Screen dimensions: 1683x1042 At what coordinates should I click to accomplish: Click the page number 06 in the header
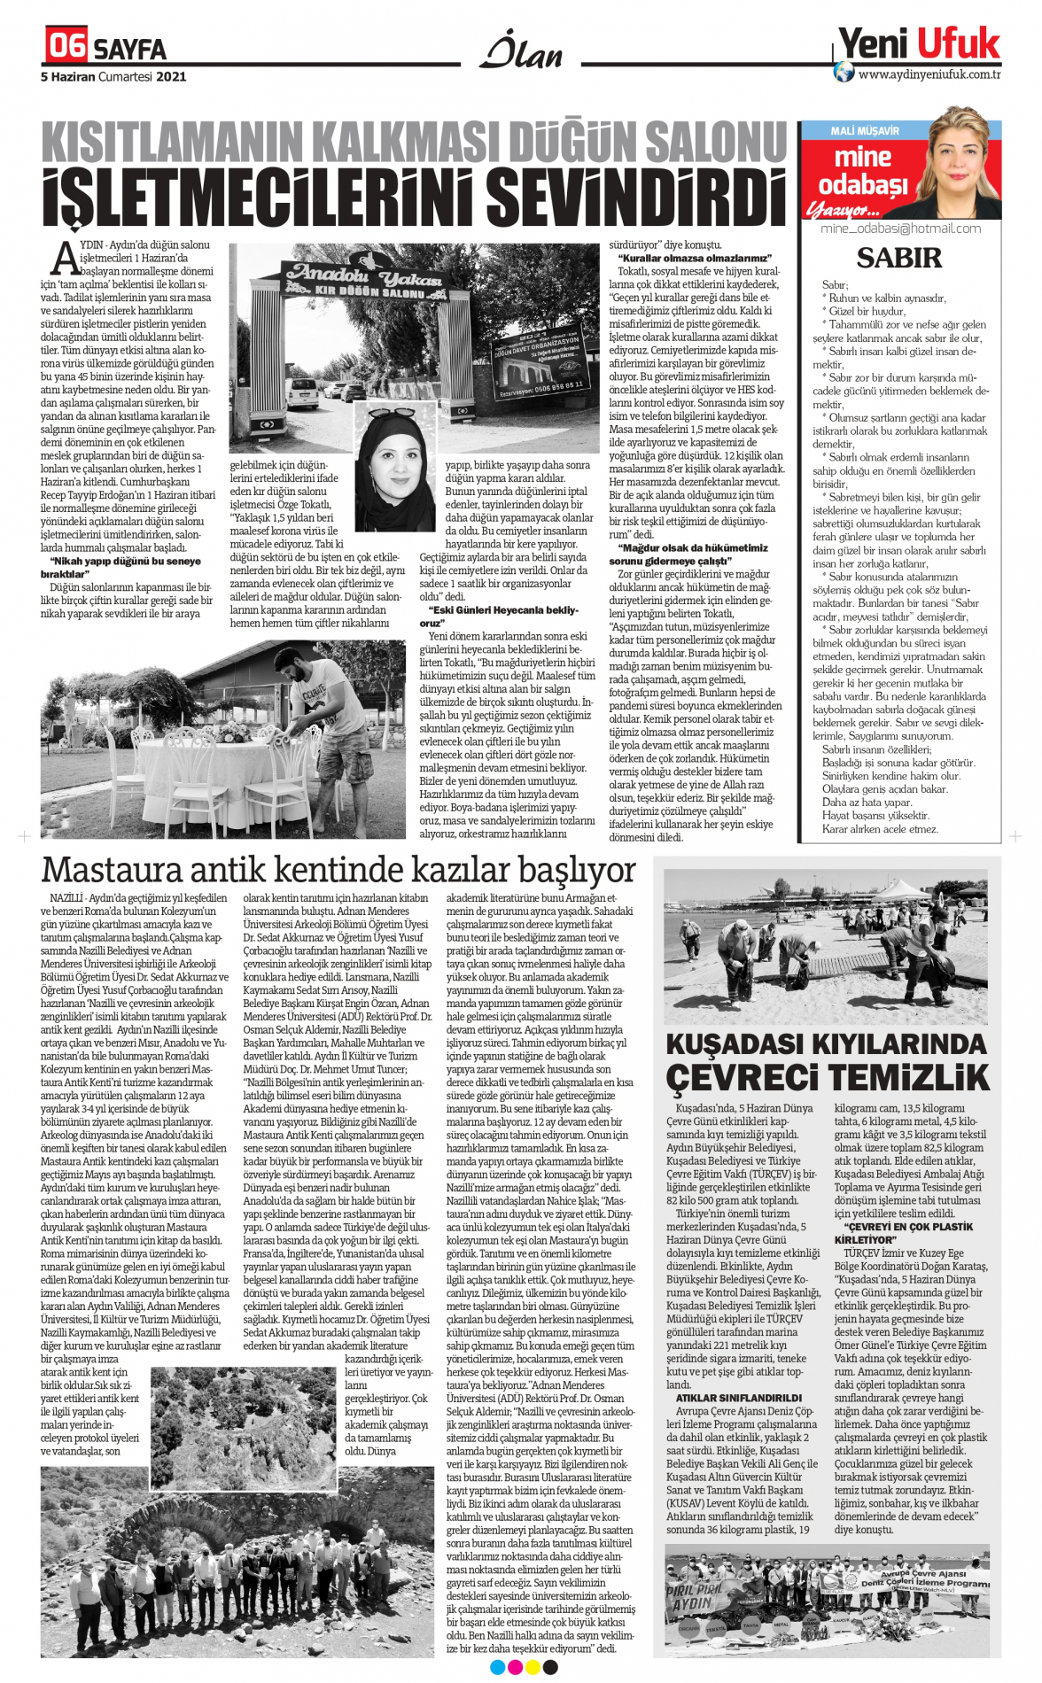[x=66, y=45]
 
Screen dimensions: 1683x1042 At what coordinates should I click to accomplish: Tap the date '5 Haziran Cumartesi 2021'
[x=113, y=77]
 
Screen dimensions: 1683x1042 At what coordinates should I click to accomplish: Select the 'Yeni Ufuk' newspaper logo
[x=919, y=43]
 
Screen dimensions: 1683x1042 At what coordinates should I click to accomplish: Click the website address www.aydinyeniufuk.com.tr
[x=929, y=74]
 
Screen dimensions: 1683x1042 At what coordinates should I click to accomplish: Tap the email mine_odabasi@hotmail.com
[x=900, y=229]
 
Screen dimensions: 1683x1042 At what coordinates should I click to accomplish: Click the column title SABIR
[x=898, y=258]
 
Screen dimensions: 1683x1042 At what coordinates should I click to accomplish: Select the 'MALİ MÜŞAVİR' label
[x=864, y=131]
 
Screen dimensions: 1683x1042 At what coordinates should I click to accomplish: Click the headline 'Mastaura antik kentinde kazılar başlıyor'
[x=338, y=869]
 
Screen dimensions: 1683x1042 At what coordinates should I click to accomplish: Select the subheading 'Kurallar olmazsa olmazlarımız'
[x=695, y=258]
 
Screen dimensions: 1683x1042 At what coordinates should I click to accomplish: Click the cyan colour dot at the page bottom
[x=497, y=1668]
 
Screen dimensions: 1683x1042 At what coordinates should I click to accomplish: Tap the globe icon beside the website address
[x=844, y=73]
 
